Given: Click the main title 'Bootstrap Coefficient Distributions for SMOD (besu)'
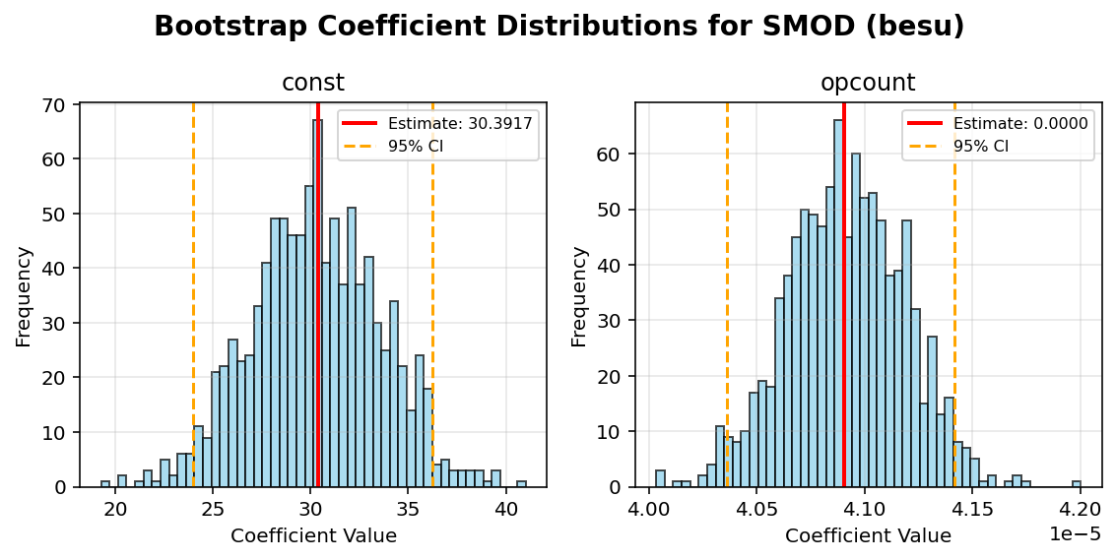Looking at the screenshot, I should pyautogui.click(x=558, y=27).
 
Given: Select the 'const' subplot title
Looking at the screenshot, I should pyautogui.click(x=313, y=84).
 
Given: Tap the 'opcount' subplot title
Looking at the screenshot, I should pyautogui.click(x=868, y=84).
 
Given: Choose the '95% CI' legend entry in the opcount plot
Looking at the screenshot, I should pyautogui.click(x=980, y=146).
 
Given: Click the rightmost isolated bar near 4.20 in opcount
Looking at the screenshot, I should pyautogui.click(x=1077, y=483).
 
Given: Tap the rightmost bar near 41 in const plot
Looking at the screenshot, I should pyautogui.click(x=521, y=483).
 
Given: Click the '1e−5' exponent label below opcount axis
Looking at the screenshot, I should pyautogui.click(x=1076, y=533).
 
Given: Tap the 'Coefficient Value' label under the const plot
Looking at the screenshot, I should pyautogui.click(x=313, y=536).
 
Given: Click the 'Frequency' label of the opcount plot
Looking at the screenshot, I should pyautogui.click(x=579, y=295).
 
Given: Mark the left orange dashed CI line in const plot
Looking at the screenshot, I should pyautogui.click(x=193, y=295).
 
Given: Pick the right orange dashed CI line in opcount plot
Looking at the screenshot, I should pyautogui.click(x=954, y=295).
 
